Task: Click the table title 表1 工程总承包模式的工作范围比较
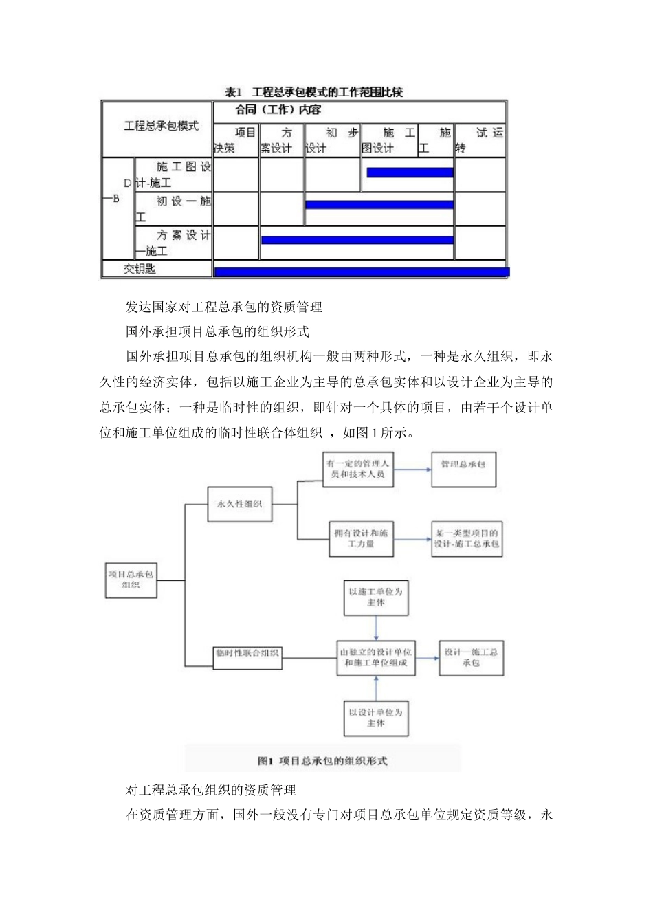click(x=313, y=92)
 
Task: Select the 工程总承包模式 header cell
click(x=161, y=126)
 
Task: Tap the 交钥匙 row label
click(x=140, y=269)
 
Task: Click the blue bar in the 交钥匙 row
click(x=362, y=272)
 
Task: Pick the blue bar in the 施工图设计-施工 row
click(x=410, y=173)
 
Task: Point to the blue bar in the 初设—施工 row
click(x=379, y=205)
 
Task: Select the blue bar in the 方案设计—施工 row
click(x=357, y=240)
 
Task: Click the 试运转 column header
click(x=480, y=140)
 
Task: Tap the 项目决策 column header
click(x=236, y=140)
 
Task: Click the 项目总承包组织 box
click(x=131, y=580)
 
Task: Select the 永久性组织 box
click(x=239, y=504)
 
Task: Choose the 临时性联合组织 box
click(x=247, y=654)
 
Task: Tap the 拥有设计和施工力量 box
click(x=361, y=538)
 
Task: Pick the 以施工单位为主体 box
click(x=375, y=597)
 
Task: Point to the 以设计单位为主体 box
click(x=375, y=718)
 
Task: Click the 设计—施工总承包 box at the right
click(x=471, y=658)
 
